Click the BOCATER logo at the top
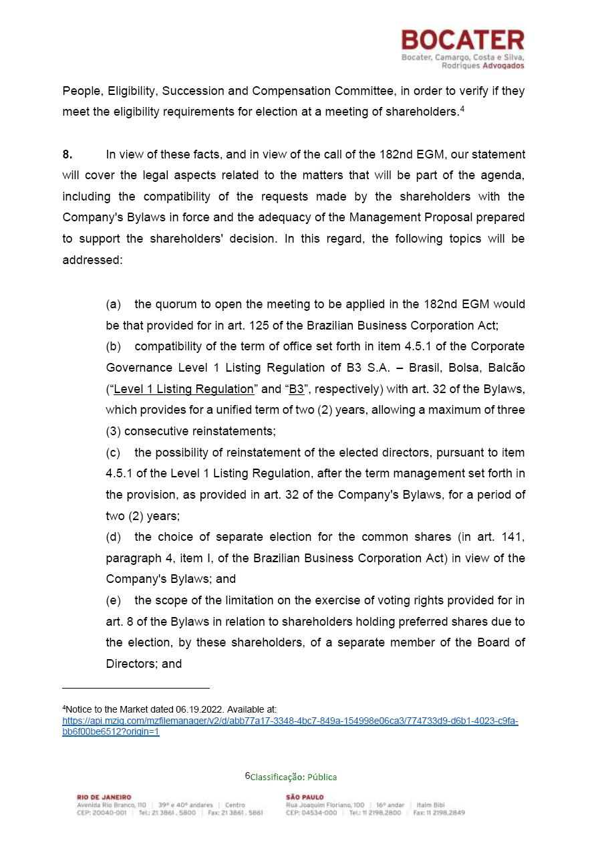(x=462, y=40)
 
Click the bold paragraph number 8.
(x=67, y=154)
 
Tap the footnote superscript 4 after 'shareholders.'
(x=462, y=109)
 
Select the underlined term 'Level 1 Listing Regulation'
(x=184, y=389)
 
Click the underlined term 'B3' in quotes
(x=295, y=389)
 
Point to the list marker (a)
(x=114, y=304)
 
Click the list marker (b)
(x=114, y=346)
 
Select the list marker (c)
(x=114, y=453)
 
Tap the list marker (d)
(x=114, y=537)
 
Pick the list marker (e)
(x=114, y=600)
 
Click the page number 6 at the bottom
(x=247, y=775)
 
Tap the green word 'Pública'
(x=322, y=777)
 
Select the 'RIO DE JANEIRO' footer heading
(x=104, y=797)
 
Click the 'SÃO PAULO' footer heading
(x=305, y=797)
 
